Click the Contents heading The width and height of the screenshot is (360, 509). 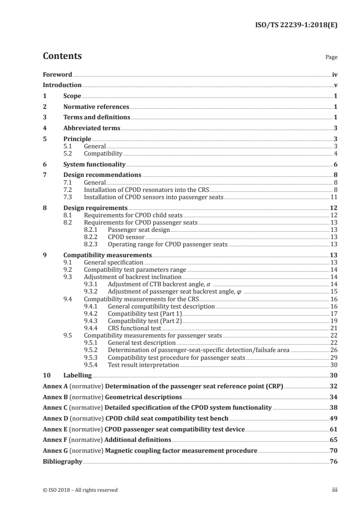coord(62,57)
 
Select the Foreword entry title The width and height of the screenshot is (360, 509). coord(57,74)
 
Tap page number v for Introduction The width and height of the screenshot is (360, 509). coord(335,85)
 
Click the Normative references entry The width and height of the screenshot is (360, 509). coord(96,107)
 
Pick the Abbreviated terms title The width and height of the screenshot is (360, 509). coord(92,128)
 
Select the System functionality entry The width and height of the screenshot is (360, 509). coord(94,165)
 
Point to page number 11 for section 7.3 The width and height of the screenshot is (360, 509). coord(334,197)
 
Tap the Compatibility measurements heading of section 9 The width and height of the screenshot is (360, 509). coord(108,254)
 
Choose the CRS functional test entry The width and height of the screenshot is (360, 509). coord(134,328)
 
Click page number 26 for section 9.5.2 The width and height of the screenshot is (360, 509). coord(334,350)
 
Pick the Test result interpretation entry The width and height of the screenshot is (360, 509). coord(143,365)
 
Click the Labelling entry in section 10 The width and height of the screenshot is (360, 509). coord(77,376)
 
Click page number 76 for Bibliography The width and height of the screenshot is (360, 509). coord(334,462)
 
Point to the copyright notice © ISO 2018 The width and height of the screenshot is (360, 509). coord(80,490)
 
